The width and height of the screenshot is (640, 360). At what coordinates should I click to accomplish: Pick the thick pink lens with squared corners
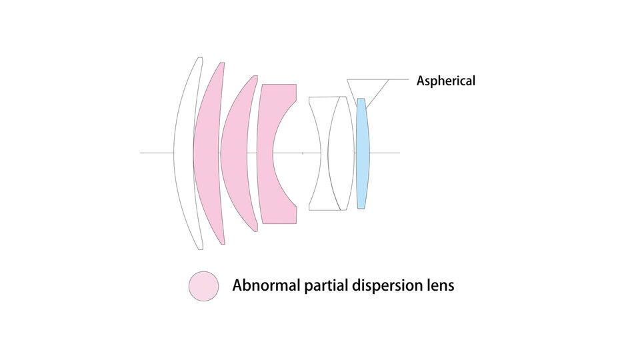[x=266, y=153]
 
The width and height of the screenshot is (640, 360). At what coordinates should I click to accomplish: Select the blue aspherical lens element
[x=362, y=153]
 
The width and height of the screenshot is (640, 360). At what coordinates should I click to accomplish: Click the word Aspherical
[x=446, y=81]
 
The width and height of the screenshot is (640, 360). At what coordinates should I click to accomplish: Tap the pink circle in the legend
[x=203, y=286]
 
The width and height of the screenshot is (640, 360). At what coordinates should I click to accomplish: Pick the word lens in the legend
[x=439, y=286]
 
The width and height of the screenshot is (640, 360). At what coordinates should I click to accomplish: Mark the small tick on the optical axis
[x=303, y=153]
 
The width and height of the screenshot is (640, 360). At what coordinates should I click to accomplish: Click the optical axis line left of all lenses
[x=157, y=153]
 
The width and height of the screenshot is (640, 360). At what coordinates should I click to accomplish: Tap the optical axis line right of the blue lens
[x=387, y=153]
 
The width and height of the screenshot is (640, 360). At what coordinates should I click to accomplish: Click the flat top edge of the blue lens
[x=361, y=99]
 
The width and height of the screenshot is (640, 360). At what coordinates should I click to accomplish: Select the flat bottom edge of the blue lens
[x=361, y=208]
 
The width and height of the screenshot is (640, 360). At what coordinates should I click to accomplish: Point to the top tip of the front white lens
[x=199, y=58]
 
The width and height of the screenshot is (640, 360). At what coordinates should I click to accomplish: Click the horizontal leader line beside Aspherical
[x=399, y=79]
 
